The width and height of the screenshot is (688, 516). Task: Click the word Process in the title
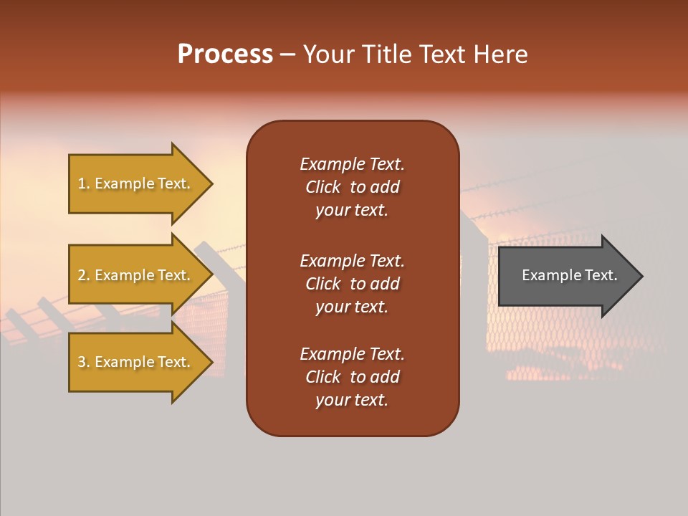pos(225,54)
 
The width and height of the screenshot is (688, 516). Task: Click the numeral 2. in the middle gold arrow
pos(84,275)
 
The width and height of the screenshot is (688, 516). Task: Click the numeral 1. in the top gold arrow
pos(84,183)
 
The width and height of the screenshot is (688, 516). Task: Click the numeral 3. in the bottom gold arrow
pos(84,362)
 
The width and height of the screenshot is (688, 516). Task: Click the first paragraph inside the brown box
pos(352,187)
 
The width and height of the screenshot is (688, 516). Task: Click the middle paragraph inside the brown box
pos(352,284)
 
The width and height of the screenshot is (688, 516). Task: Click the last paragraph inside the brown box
pos(352,377)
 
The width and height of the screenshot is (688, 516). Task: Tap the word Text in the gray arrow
pos(600,275)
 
